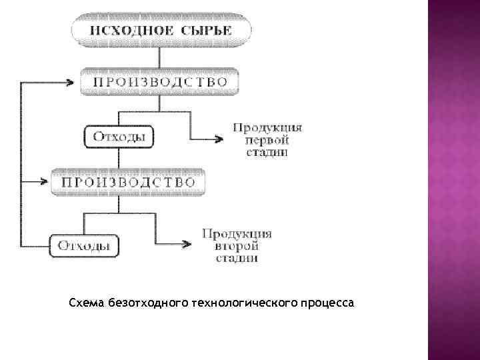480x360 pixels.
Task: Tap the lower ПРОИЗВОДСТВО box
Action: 129,181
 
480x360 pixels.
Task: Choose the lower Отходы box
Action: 85,245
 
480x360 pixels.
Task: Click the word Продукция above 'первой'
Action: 267,127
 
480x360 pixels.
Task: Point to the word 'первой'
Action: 267,139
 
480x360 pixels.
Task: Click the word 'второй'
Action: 237,246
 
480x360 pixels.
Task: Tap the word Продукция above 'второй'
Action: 237,233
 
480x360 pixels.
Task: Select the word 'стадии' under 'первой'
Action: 267,152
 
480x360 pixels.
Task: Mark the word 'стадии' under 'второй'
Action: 237,259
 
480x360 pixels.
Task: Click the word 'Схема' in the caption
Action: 83,304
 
